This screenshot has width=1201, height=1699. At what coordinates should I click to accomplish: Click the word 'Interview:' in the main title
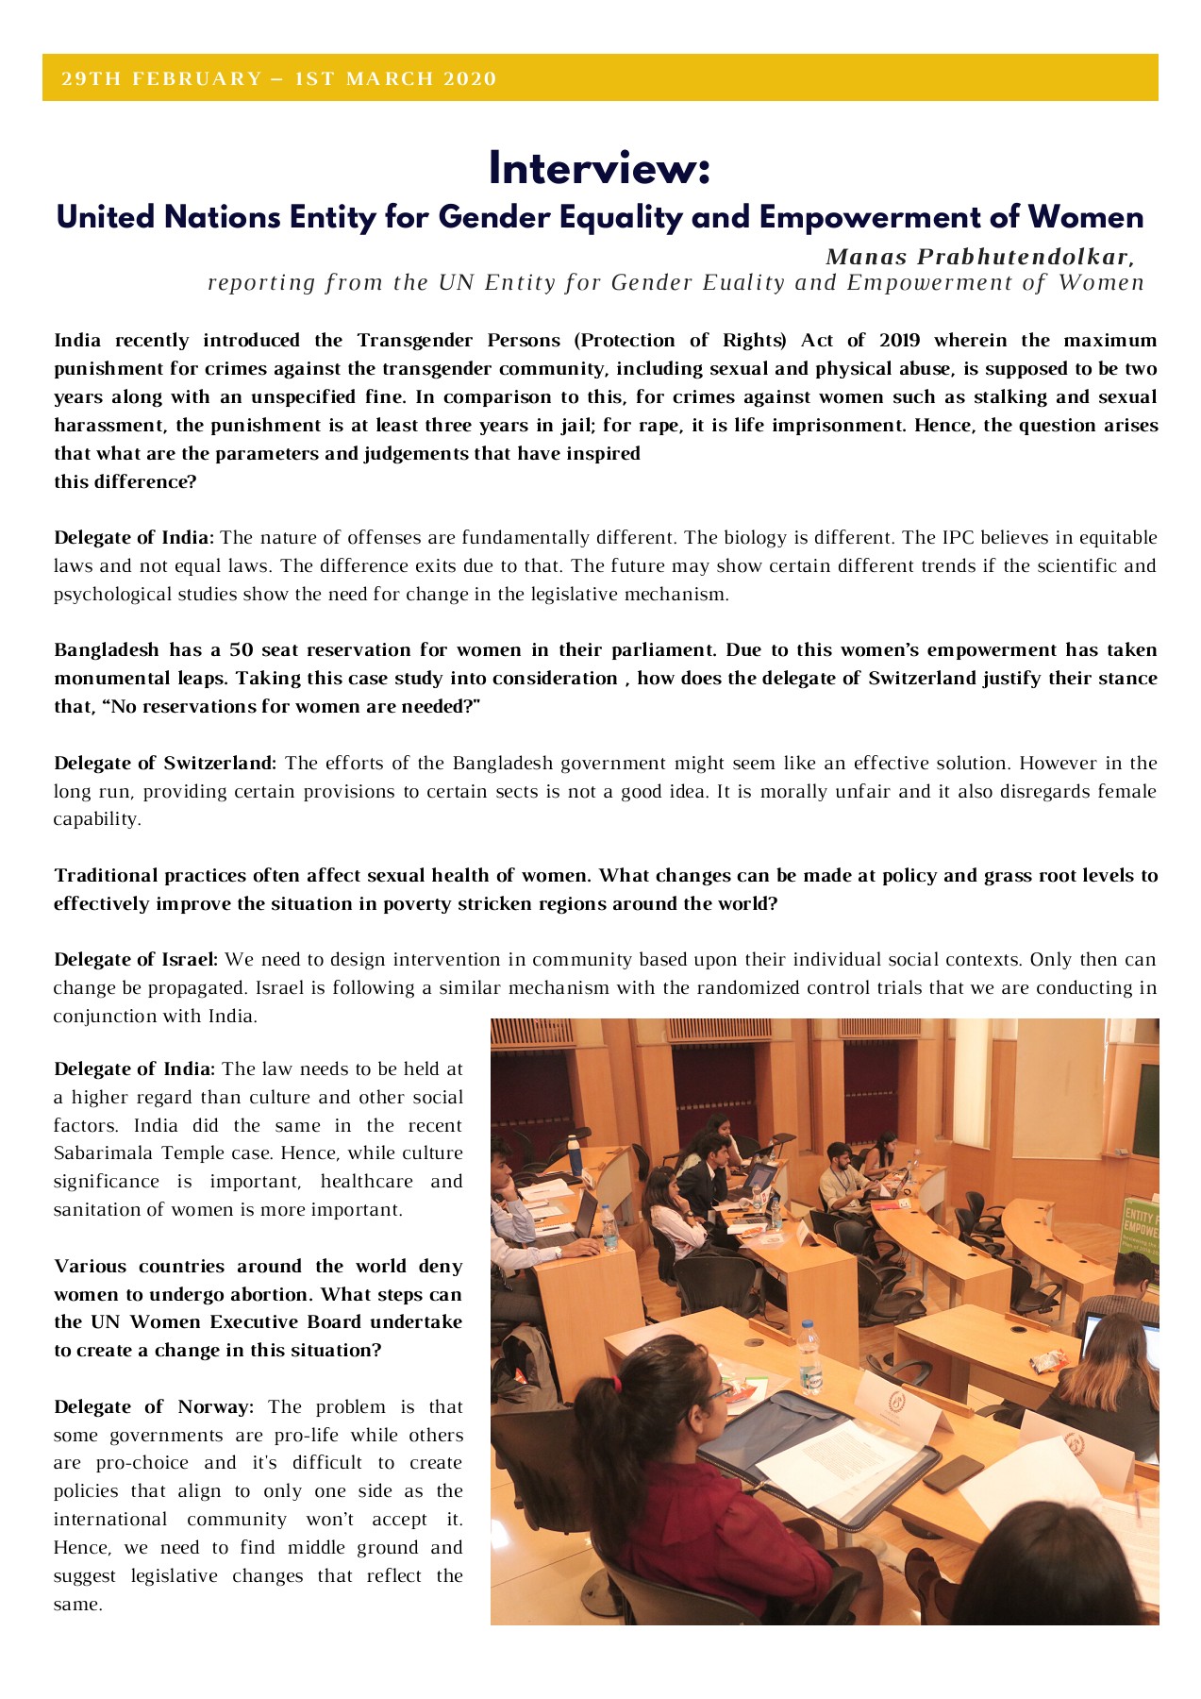599,170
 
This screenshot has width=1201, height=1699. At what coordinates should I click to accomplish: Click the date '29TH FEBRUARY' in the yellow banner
160,79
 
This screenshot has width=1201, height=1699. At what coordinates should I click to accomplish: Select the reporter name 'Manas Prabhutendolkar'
976,257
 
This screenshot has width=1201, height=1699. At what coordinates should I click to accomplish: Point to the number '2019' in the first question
899,341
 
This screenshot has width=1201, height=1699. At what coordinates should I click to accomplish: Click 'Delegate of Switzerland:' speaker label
165,763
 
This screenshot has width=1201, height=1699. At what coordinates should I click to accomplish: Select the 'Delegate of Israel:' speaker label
136,960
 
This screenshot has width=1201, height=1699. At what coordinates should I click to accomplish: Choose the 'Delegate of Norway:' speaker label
154,1407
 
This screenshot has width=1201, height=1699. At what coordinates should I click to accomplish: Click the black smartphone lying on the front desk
953,1473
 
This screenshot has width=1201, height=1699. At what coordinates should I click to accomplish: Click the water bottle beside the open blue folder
809,1357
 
